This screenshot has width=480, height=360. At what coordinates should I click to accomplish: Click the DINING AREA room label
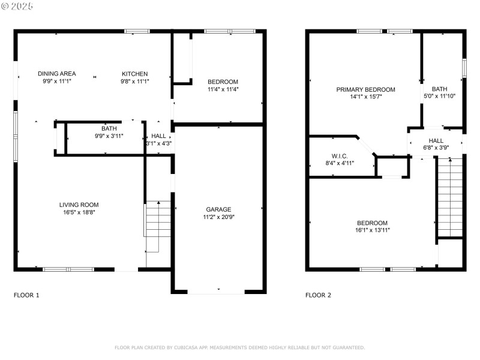tap(56, 74)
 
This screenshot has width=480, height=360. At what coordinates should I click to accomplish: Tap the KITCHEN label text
tap(134, 74)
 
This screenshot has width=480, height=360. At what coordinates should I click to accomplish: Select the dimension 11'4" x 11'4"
tap(223, 89)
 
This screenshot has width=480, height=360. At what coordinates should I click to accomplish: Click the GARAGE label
tap(218, 209)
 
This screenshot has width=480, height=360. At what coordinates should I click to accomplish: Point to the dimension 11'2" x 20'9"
tap(218, 217)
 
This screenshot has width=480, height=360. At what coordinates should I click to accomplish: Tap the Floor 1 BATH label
tap(109, 128)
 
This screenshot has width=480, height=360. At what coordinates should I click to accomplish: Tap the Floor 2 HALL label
tap(436, 140)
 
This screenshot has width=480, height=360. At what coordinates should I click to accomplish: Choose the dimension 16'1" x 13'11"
tap(373, 230)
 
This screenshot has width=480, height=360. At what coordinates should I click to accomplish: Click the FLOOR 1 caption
tap(26, 295)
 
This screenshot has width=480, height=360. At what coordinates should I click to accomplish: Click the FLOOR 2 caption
tap(318, 295)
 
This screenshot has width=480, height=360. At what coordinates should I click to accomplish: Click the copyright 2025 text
tap(18, 6)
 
